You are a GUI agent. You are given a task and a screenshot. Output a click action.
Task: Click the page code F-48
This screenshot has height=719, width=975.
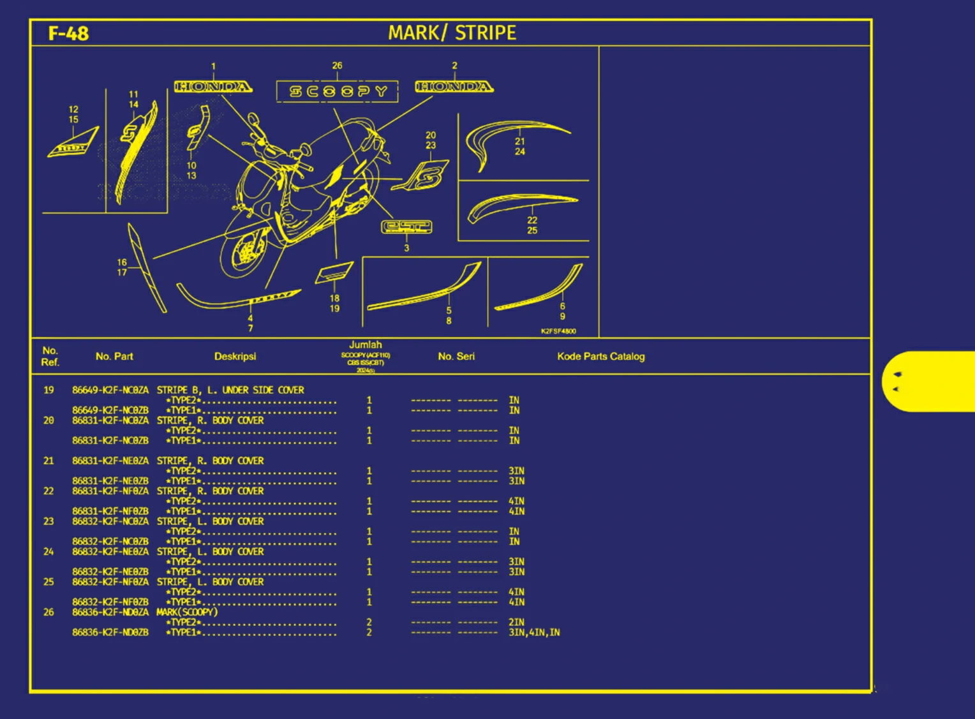68,33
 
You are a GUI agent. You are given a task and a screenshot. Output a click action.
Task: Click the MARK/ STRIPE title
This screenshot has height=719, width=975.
452,33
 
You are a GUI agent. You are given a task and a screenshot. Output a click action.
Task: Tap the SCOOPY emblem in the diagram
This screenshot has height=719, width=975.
338,91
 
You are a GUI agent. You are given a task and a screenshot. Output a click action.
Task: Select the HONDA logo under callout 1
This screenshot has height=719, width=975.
213,87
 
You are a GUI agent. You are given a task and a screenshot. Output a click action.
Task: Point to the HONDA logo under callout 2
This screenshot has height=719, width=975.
454,87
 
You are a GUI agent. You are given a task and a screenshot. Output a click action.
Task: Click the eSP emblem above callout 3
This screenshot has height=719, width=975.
406,226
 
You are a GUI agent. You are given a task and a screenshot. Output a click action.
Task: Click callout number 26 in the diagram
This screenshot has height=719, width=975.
337,66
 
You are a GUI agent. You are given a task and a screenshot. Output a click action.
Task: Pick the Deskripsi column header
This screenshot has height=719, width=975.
235,356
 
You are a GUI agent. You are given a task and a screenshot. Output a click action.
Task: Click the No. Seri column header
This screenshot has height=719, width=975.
456,356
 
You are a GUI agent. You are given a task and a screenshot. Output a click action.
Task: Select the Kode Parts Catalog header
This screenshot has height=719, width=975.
600,356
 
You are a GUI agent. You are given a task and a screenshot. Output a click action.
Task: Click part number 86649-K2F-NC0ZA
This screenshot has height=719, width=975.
110,390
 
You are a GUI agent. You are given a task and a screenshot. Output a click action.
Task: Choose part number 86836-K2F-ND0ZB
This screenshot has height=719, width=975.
110,632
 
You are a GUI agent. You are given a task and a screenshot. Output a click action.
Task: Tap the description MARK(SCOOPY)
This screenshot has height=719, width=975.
187,612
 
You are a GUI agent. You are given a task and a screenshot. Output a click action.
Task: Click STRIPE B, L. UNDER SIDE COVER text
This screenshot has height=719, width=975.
230,390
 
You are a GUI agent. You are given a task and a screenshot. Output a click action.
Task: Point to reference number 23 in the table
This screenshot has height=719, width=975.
48,521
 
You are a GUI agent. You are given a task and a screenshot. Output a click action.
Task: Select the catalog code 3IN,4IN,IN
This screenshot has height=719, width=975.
534,632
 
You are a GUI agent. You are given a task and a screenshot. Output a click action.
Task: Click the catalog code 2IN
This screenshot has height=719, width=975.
516,622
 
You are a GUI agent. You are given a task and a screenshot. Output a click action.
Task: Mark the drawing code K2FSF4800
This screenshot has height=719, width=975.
558,331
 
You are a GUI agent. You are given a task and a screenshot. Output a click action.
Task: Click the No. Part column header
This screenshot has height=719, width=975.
114,356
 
